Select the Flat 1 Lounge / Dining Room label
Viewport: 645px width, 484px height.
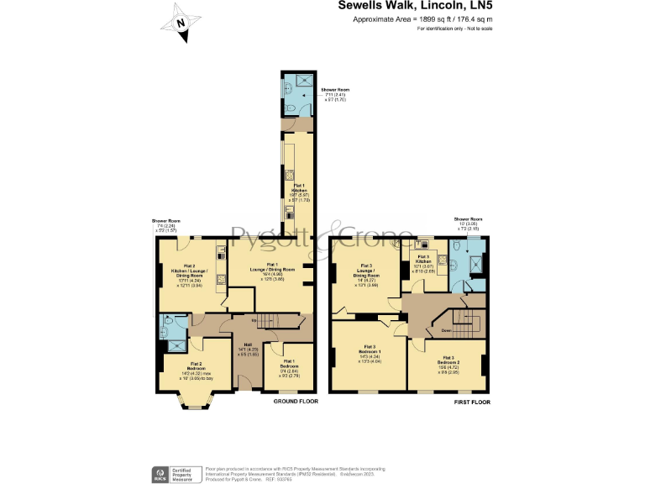270,271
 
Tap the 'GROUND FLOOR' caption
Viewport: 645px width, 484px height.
296,402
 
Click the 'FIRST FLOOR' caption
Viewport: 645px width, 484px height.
472,402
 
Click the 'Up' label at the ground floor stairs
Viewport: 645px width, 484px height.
254,320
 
